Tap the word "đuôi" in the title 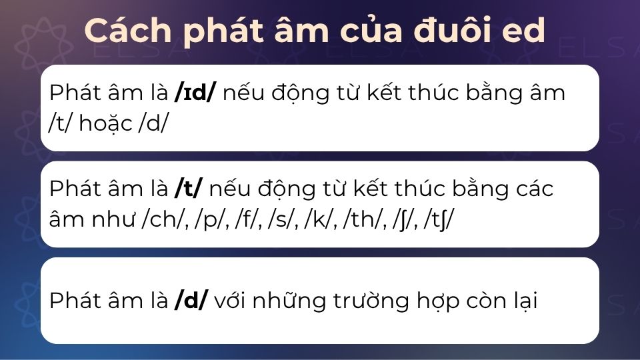point(449,31)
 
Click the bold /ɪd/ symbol point(195,93)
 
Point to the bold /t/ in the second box point(189,189)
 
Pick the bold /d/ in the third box point(191,301)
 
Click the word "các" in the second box point(531,189)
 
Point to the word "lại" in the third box point(522,301)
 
